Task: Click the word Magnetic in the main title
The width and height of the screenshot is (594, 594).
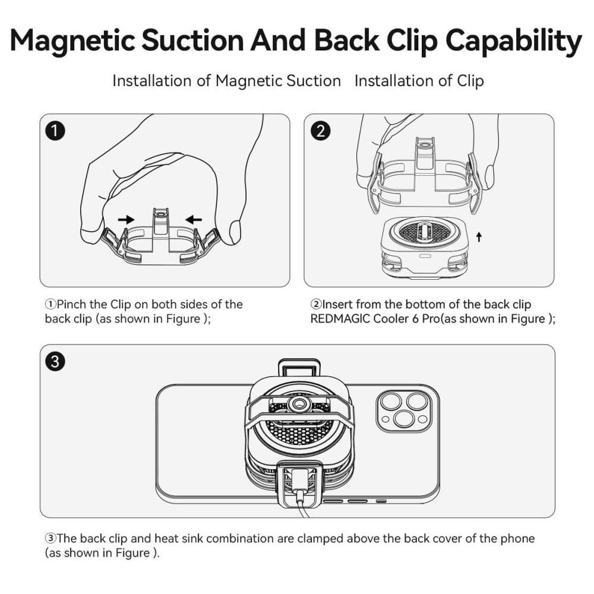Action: coord(72,41)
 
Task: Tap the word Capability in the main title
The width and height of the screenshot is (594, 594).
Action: coord(513,41)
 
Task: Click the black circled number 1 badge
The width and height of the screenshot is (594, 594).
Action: coord(55,131)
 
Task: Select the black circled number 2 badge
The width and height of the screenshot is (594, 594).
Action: coord(320,131)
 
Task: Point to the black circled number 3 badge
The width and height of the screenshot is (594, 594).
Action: coord(55,361)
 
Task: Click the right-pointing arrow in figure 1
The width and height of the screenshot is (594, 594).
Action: coord(126,219)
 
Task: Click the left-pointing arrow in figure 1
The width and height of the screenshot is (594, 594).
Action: coord(194,219)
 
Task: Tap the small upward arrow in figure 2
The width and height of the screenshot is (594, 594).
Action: coord(479,237)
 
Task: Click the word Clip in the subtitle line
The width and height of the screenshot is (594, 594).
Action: coord(470,81)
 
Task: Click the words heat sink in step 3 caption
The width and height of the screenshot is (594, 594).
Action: coord(178,538)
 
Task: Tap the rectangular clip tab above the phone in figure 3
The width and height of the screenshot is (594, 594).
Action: coord(299,368)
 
